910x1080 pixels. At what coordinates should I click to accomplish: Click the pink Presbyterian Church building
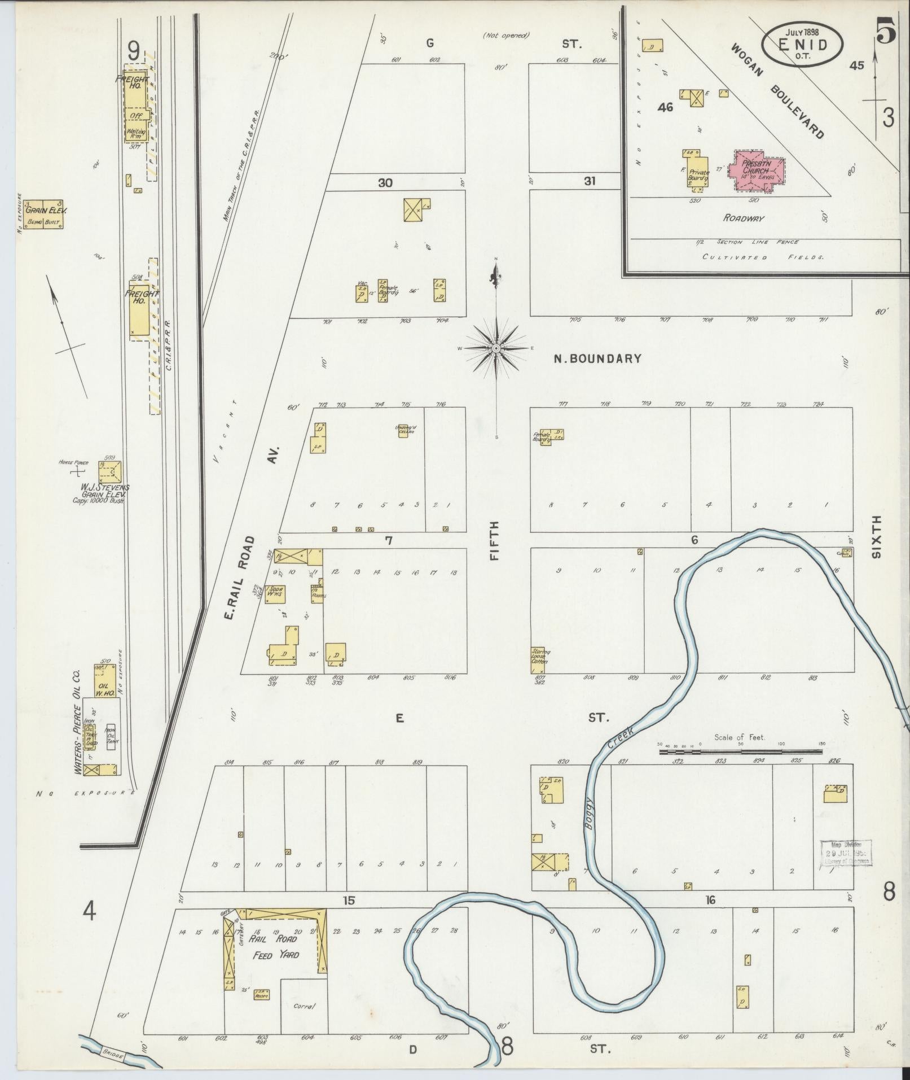tap(755, 170)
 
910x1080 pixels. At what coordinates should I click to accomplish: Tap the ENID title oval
tap(802, 44)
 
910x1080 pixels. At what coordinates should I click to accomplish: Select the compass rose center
tap(496, 348)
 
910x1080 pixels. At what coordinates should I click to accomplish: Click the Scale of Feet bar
tap(740, 751)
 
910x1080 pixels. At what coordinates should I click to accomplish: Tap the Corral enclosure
tap(304, 1005)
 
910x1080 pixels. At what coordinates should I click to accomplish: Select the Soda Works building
tap(275, 594)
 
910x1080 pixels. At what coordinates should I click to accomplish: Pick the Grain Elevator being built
tap(44, 214)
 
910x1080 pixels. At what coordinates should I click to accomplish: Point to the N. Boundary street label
tap(597, 358)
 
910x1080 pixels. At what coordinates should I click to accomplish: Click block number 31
tap(590, 182)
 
